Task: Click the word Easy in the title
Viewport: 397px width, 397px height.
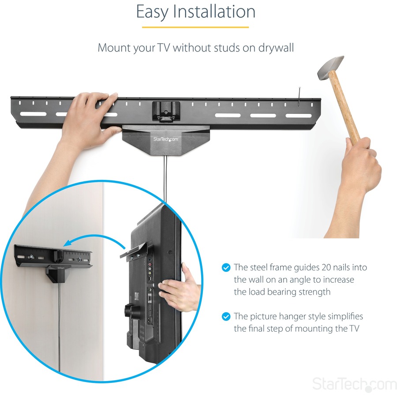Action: (x=152, y=12)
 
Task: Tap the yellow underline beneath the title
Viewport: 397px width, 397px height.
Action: (x=195, y=27)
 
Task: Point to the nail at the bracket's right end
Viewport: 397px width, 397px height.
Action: (x=300, y=97)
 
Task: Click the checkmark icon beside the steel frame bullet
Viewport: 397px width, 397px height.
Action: (x=226, y=268)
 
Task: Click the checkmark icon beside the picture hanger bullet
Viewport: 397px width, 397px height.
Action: (x=226, y=316)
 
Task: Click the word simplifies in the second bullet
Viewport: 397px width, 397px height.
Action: (x=342, y=316)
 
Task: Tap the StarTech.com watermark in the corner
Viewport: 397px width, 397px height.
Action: (x=354, y=384)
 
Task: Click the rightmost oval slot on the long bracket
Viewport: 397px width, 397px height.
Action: (x=298, y=116)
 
